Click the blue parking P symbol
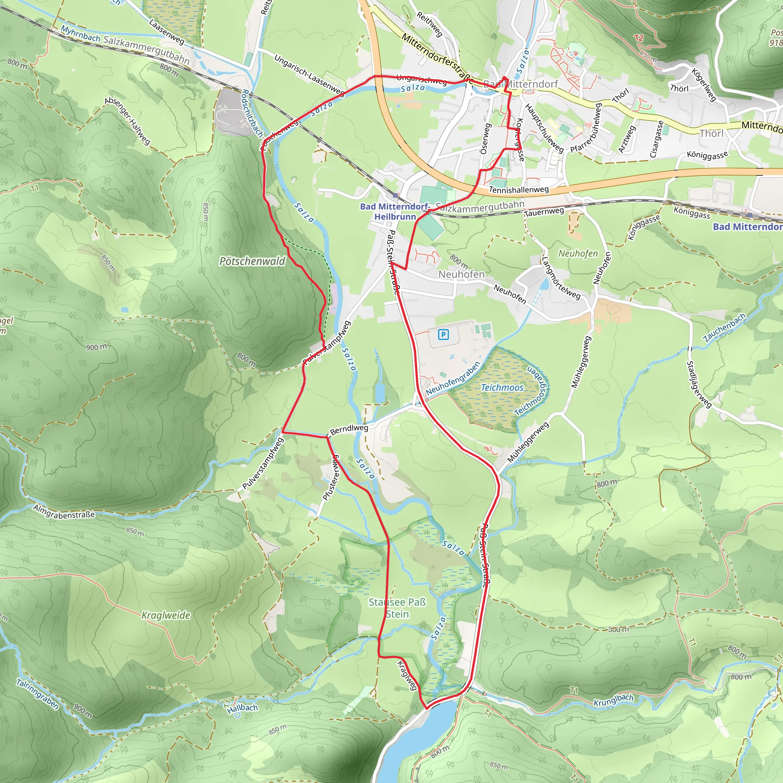pos(443,335)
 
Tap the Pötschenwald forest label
pos(252,262)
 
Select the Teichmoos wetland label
pos(502,387)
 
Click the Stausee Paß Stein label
pos(397,608)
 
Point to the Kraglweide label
pos(166,615)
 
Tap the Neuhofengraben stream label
pos(453,378)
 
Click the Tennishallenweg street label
pos(519,189)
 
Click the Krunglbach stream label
pos(613,700)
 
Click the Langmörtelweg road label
pos(561,278)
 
